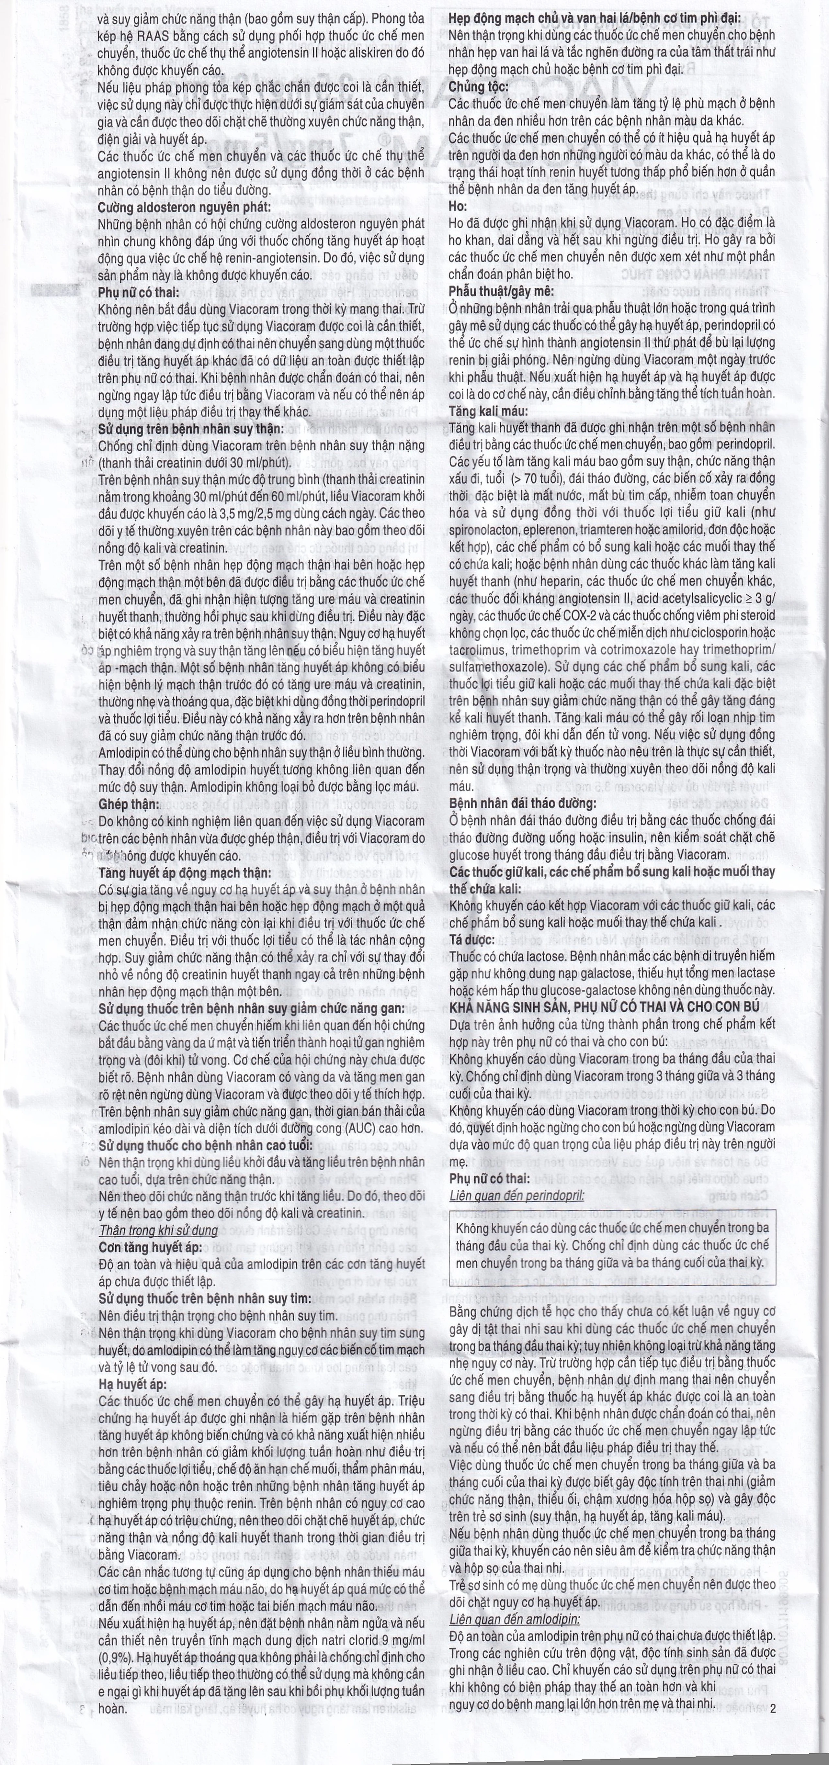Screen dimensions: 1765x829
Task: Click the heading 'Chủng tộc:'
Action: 478,87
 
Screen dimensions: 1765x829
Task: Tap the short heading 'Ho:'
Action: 458,206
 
